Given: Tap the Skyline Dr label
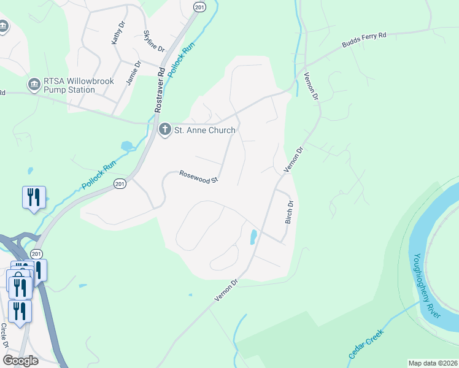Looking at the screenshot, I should [x=154, y=41].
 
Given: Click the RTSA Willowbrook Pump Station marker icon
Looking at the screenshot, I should [x=34, y=83].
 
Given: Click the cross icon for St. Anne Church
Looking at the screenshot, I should [x=164, y=129].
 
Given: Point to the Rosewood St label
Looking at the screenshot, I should [x=199, y=177].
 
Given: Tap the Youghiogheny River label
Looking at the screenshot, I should [x=426, y=285].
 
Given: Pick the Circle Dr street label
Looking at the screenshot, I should [x=4, y=335].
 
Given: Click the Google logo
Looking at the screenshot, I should [x=20, y=361].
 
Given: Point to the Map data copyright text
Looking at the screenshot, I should [x=433, y=363].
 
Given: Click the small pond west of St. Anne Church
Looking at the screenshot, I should [x=127, y=146].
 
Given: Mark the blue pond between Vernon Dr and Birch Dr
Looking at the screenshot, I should [x=253, y=237].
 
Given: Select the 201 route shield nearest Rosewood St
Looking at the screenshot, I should [x=120, y=183].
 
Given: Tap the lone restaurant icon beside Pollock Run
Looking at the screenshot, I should [x=33, y=197].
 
